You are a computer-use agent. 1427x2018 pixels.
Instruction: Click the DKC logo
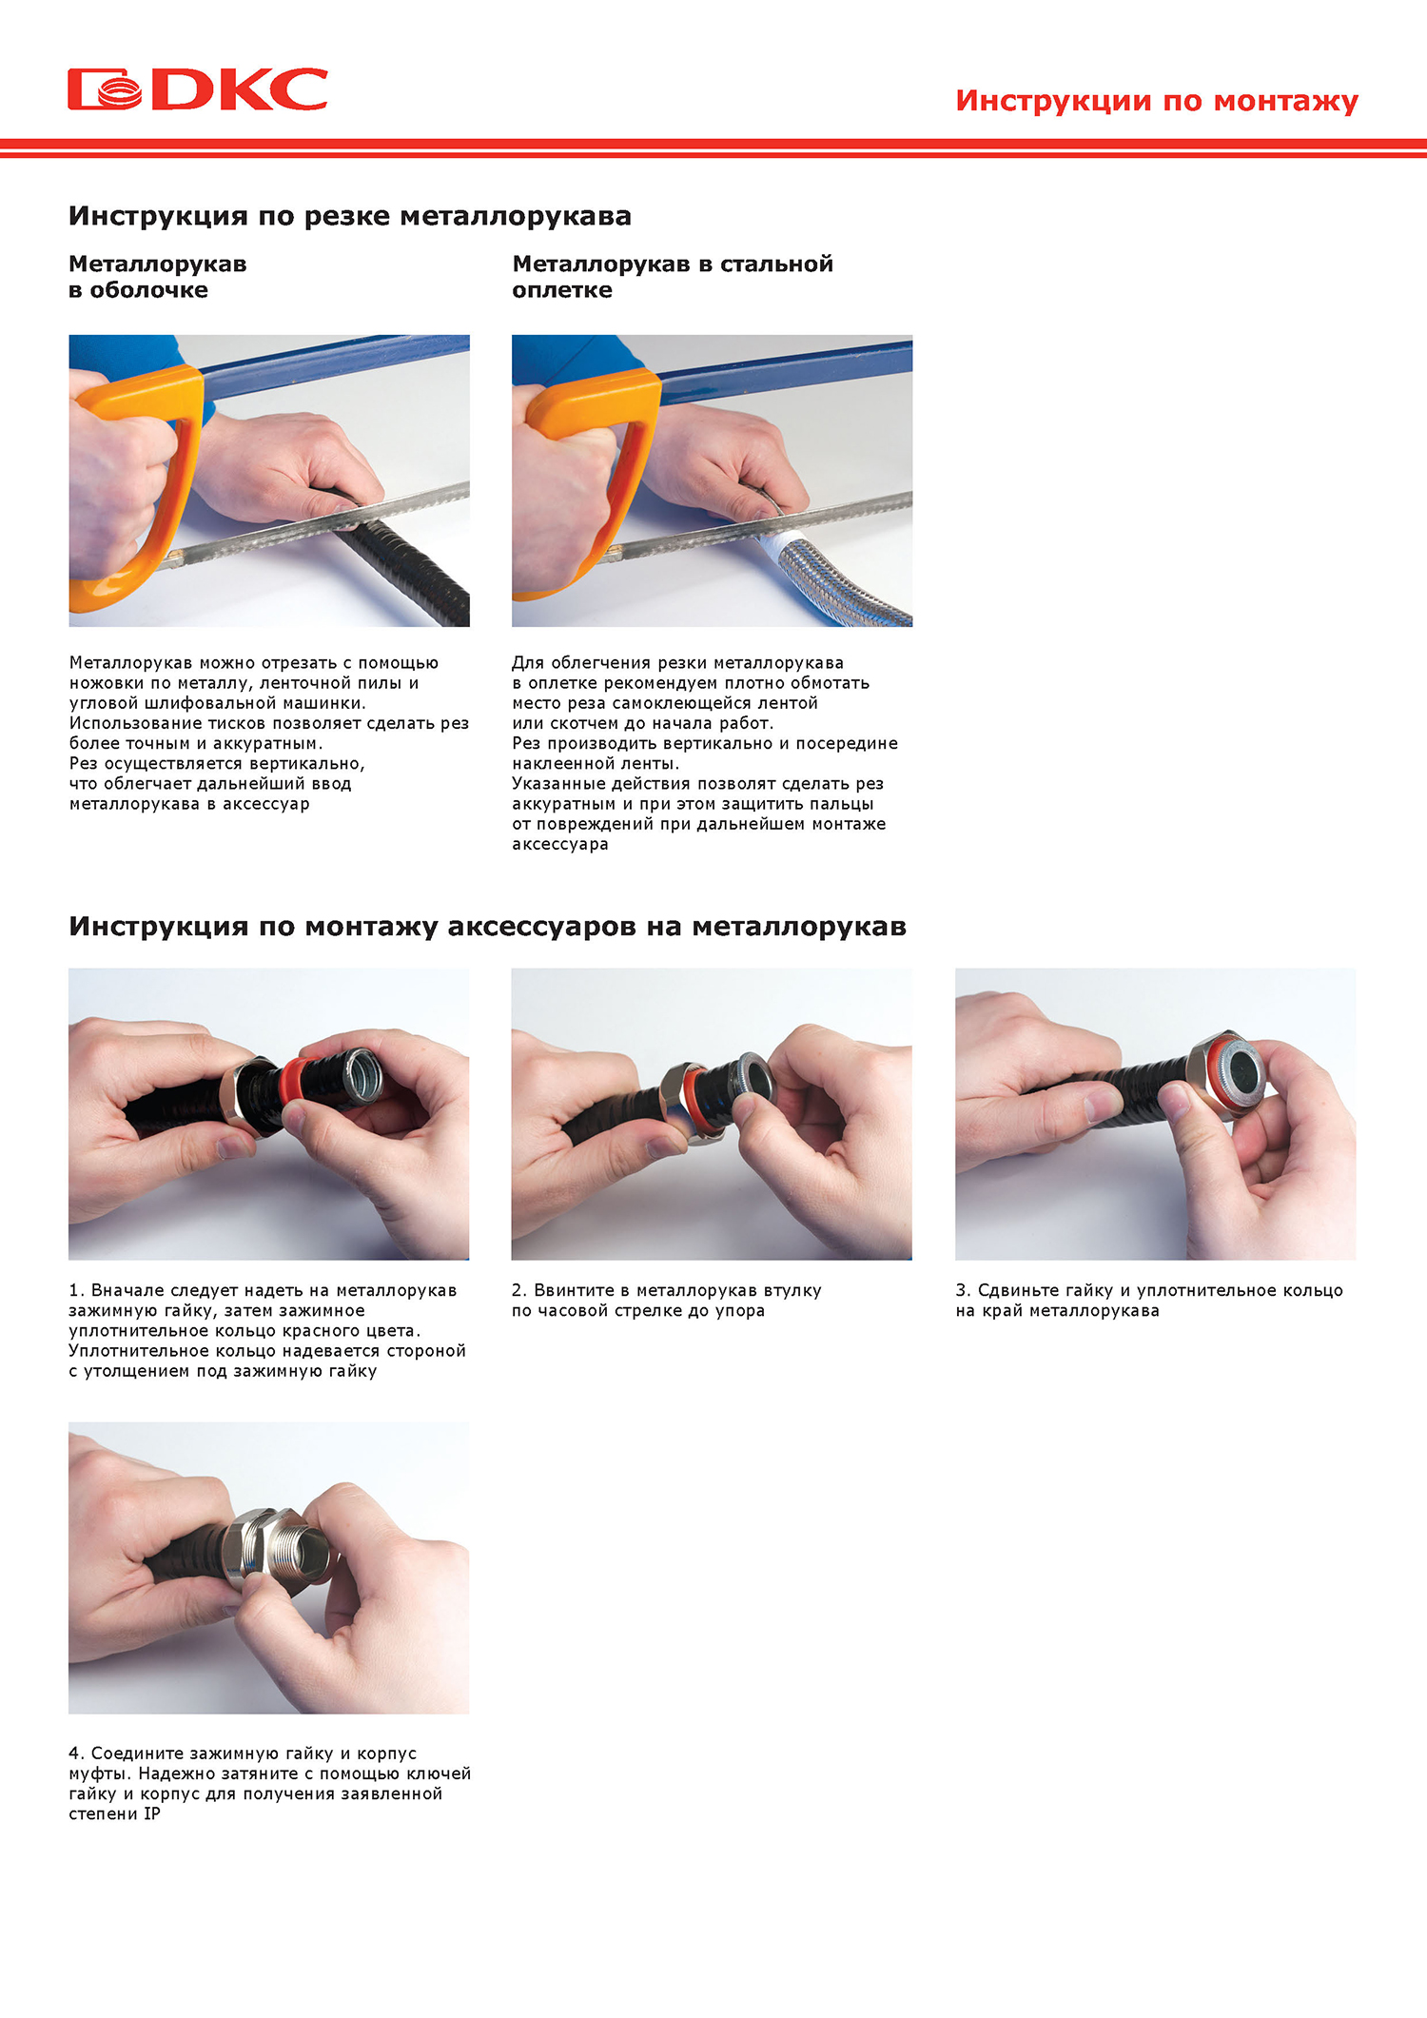(198, 89)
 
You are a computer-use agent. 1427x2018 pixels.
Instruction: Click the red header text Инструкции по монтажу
(1157, 101)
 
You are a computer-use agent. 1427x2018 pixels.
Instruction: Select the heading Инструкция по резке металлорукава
(350, 216)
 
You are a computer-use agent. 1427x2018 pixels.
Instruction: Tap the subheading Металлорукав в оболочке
(158, 277)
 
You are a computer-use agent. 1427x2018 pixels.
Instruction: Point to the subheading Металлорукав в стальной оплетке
(673, 277)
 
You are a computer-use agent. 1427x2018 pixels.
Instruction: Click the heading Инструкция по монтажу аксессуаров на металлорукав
(487, 927)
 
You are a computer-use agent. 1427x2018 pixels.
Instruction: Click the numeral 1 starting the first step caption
(73, 1290)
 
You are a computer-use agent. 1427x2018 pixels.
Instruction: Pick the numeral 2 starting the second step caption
(518, 1290)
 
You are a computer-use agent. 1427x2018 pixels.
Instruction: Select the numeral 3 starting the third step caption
(962, 1290)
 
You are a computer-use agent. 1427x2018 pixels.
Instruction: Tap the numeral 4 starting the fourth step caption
(74, 1753)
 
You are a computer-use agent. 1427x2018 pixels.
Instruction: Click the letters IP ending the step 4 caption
(152, 1813)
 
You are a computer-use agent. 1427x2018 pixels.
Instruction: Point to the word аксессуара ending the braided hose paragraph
(560, 845)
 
